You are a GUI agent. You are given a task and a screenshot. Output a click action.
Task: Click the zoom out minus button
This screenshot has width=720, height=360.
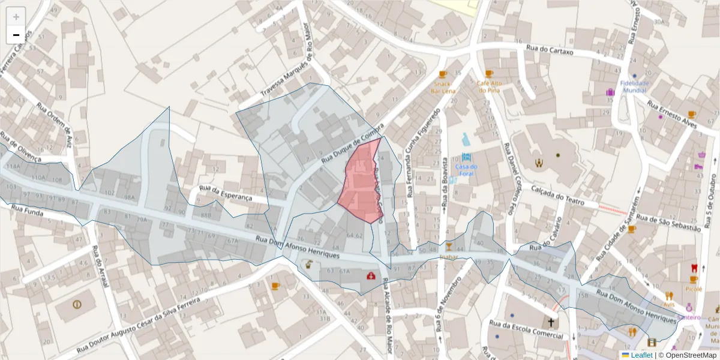click(16, 35)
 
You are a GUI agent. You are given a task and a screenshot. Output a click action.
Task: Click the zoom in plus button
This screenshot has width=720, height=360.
click(16, 17)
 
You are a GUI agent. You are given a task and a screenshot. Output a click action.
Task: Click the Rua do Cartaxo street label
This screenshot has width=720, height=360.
click(550, 51)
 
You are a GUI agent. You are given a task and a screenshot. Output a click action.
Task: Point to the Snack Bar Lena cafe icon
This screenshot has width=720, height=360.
click(443, 74)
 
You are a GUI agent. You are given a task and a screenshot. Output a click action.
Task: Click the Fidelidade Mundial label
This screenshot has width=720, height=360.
click(634, 86)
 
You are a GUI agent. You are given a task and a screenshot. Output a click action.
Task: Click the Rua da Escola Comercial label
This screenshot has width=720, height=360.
click(527, 329)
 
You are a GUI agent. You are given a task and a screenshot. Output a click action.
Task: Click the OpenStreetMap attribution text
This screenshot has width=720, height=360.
click(691, 355)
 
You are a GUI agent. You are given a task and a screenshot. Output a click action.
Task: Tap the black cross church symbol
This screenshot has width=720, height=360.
click(551, 322)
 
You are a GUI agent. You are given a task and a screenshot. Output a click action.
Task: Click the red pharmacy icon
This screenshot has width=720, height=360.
click(371, 276)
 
